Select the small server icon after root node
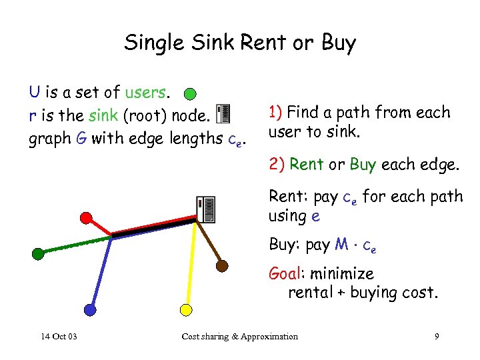pyautogui.click(x=224, y=114)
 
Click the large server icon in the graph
pyautogui.click(x=205, y=210)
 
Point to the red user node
pyautogui.click(x=86, y=217)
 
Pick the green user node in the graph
pyautogui.click(x=38, y=253)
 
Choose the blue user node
pyautogui.click(x=90, y=309)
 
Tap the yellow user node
pyautogui.click(x=187, y=309)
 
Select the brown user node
pyautogui.click(x=222, y=265)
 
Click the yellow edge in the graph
pyautogui.click(x=191, y=267)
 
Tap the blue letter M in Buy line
pyautogui.click(x=341, y=244)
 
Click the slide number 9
pyautogui.click(x=436, y=336)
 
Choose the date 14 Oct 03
pyautogui.click(x=58, y=336)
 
